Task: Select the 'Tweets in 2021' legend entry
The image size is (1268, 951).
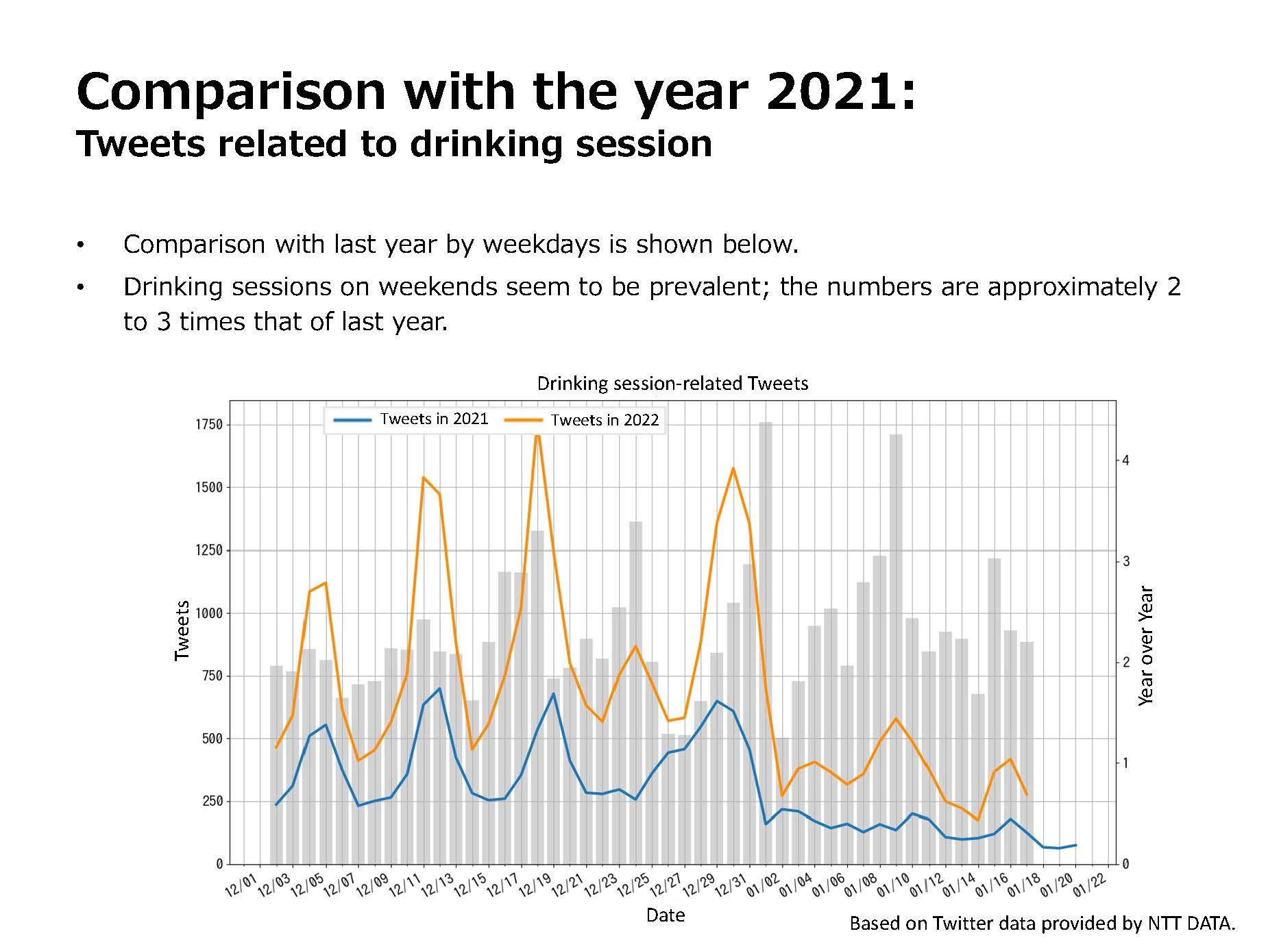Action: [x=411, y=419]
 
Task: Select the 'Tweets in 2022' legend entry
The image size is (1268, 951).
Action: [x=581, y=419]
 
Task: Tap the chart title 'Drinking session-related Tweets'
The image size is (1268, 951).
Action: [x=672, y=383]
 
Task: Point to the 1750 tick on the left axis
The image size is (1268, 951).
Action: [x=209, y=425]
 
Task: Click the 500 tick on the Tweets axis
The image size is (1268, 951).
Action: [x=212, y=739]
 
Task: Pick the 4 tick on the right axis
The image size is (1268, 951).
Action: [x=1125, y=460]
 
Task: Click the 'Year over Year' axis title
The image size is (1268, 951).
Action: [x=1145, y=645]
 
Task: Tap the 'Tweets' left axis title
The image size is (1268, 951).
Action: [x=182, y=630]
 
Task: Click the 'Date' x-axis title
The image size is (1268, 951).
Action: [x=666, y=915]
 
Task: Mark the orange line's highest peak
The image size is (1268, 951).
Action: [x=537, y=431]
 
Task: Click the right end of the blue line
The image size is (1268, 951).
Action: [x=1075, y=845]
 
